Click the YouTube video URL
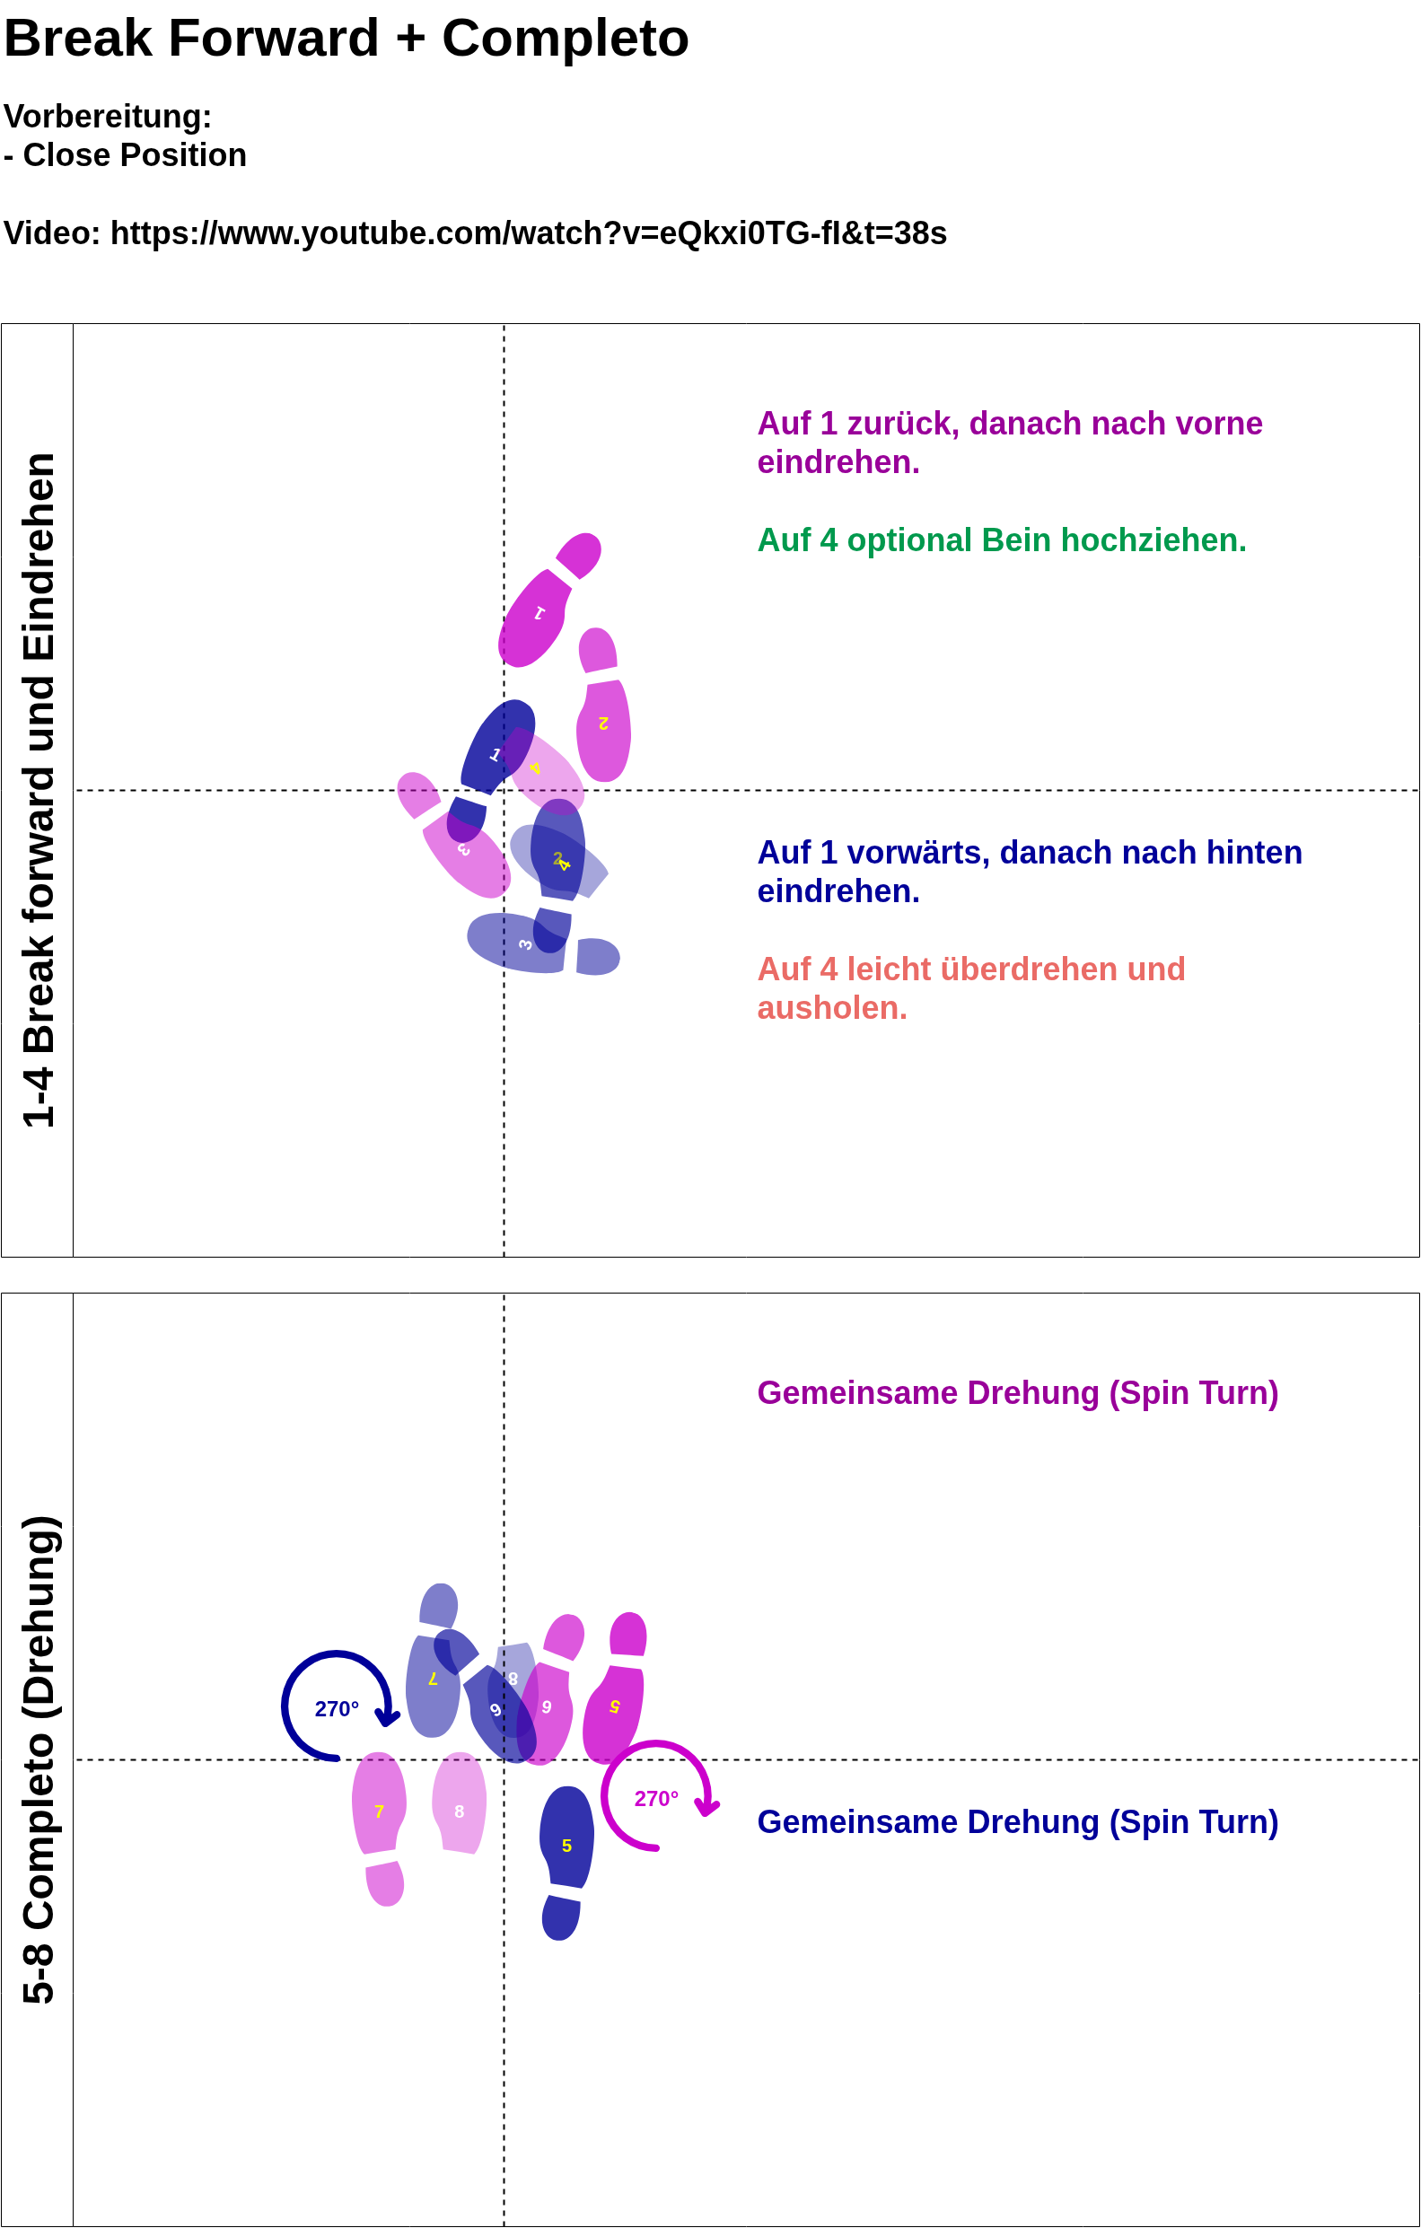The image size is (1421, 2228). (527, 233)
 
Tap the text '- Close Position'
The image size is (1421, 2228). (126, 155)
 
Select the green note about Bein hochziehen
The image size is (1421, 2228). (1001, 540)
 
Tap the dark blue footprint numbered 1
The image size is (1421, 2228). (496, 750)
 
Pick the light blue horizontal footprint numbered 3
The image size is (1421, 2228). (518, 943)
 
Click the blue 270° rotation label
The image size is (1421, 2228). (337, 1709)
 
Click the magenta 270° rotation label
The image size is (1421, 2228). (656, 1799)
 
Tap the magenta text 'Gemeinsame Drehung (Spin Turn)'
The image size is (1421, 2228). (1017, 1393)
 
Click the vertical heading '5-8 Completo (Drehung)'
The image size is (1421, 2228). (39, 1759)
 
